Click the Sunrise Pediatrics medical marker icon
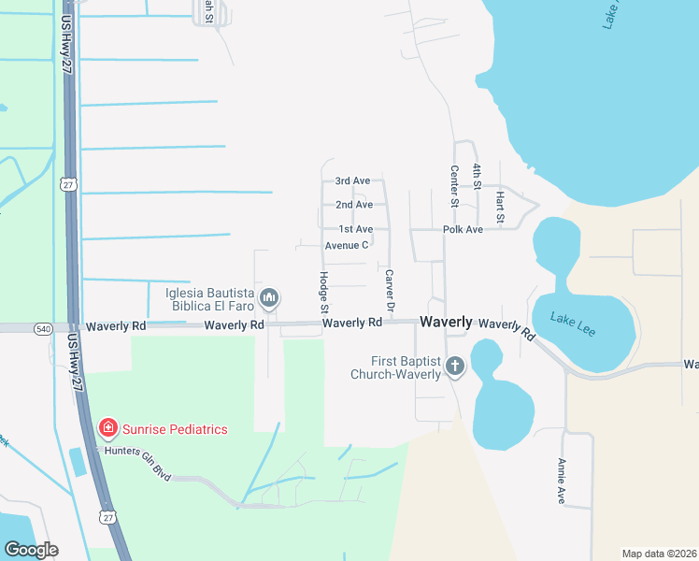pyautogui.click(x=108, y=428)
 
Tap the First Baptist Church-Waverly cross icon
pyautogui.click(x=455, y=366)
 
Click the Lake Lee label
pyautogui.click(x=573, y=323)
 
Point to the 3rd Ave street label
pyautogui.click(x=353, y=180)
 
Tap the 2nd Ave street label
pyautogui.click(x=354, y=205)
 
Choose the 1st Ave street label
pyautogui.click(x=355, y=229)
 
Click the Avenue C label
pyautogui.click(x=347, y=245)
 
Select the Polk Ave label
pyautogui.click(x=463, y=229)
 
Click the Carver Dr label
pyautogui.click(x=390, y=291)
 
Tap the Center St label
pyautogui.click(x=454, y=186)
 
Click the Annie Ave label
pyautogui.click(x=562, y=481)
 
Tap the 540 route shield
pyautogui.click(x=44, y=328)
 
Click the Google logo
pyautogui.click(x=31, y=550)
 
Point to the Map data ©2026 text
pyautogui.click(x=658, y=554)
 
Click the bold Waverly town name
pyautogui.click(x=446, y=321)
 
